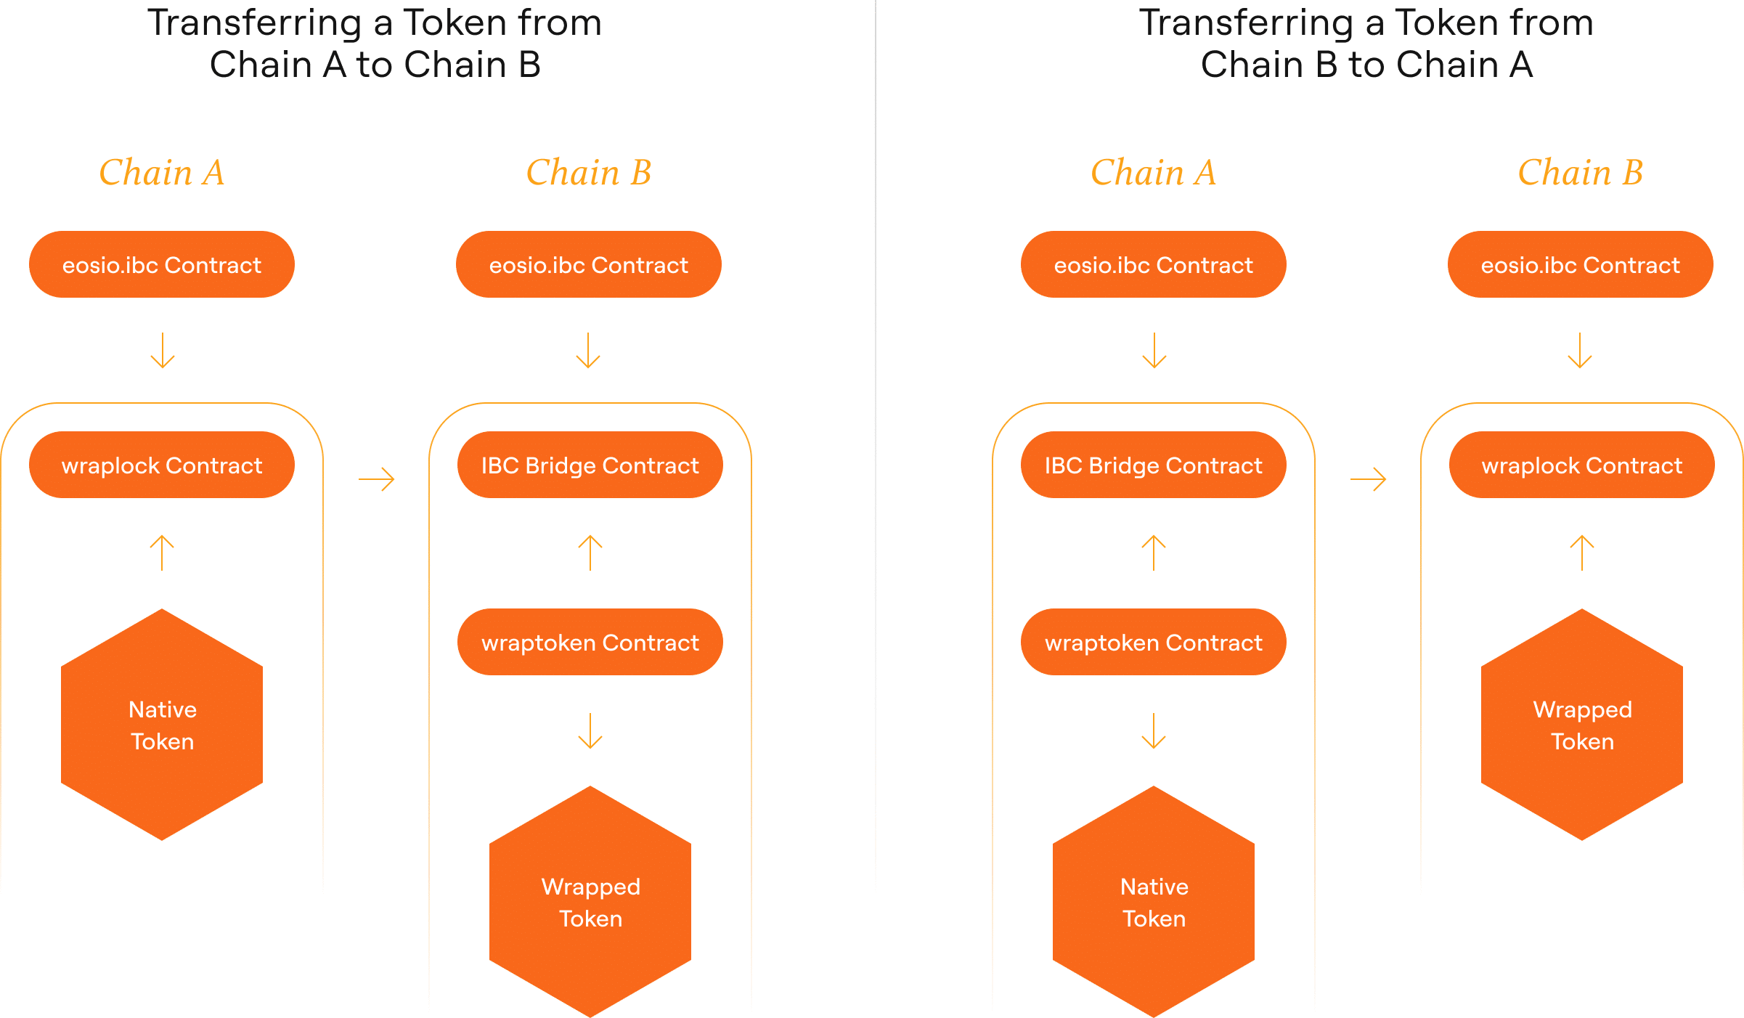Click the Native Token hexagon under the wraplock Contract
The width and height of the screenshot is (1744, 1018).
[162, 725]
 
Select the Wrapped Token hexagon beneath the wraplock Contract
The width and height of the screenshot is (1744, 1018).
[1582, 725]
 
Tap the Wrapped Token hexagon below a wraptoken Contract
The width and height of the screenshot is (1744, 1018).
[590, 902]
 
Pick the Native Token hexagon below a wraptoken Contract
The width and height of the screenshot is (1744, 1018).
[1154, 902]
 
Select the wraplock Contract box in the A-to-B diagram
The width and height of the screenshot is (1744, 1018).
[162, 465]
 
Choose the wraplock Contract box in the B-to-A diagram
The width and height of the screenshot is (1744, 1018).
[1582, 465]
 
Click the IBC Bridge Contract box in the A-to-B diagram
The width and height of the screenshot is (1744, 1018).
[590, 465]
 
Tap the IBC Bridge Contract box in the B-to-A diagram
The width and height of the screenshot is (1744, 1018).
[1154, 465]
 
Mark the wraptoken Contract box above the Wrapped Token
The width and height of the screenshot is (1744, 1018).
[590, 643]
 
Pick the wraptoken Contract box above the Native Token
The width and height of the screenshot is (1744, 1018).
[1154, 643]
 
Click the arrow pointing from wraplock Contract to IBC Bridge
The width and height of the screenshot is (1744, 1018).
[377, 479]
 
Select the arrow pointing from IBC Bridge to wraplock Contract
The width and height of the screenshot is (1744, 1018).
[1369, 479]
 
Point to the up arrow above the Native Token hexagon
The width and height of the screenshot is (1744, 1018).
[162, 553]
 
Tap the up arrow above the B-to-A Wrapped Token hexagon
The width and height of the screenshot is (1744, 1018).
[1582, 553]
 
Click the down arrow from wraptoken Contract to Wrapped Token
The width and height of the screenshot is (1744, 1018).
[590, 731]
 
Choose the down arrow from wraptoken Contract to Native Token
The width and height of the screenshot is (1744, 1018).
[1154, 731]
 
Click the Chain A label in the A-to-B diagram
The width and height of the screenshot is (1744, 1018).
[162, 173]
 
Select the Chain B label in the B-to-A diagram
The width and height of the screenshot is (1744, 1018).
[1581, 173]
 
